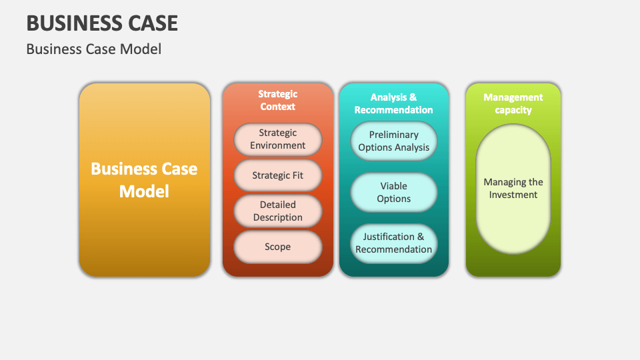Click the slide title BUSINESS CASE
tap(102, 23)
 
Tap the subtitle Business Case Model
tap(93, 49)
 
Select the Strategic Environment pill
tap(277, 139)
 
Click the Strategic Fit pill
tap(277, 176)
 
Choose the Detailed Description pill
tap(277, 211)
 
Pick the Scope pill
tap(277, 247)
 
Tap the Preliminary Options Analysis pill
tap(393, 141)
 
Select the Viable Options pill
tap(393, 192)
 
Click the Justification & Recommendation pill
tap(393, 243)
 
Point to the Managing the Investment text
tap(513, 189)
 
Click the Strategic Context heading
tap(277, 100)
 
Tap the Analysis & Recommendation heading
tap(393, 103)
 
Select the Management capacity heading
tap(513, 103)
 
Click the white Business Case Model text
tap(144, 180)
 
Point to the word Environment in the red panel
tap(277, 145)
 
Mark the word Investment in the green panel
tap(513, 195)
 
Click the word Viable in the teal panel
tap(393, 186)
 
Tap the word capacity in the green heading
tap(513, 110)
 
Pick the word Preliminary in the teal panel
tap(393, 135)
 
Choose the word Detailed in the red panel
tap(277, 205)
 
